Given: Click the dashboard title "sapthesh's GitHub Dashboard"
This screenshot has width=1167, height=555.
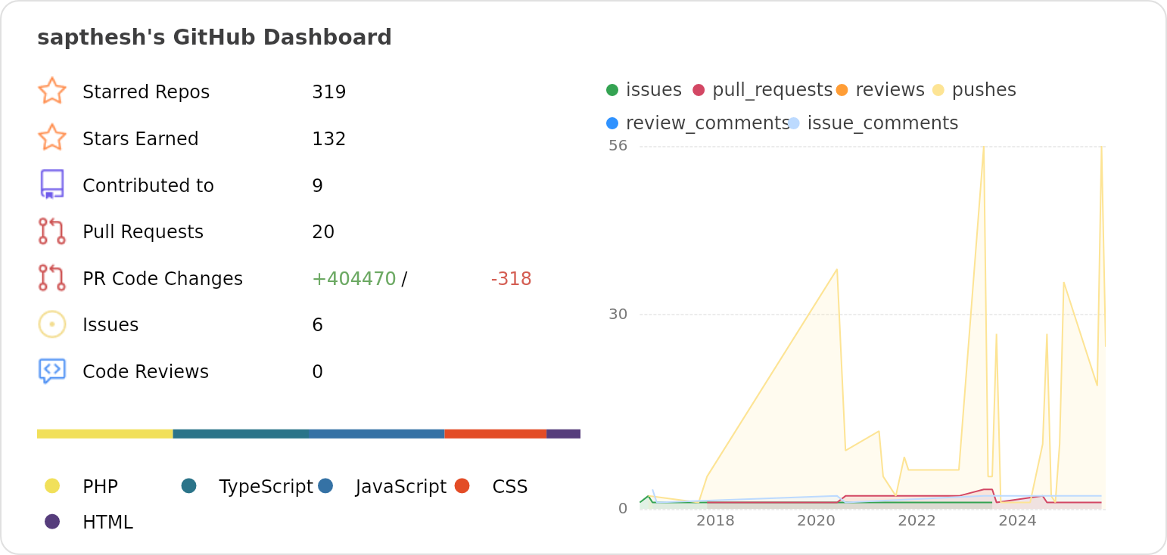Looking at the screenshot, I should click(x=214, y=38).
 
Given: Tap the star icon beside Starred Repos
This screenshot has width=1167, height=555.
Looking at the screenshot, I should click(x=52, y=91).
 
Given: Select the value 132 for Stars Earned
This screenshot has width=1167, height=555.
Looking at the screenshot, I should click(x=328, y=139).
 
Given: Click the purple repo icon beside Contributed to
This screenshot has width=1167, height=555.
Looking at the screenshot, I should click(x=52, y=184).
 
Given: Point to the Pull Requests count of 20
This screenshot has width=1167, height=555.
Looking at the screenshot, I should click(x=323, y=232).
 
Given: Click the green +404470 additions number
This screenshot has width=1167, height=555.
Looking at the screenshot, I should click(x=353, y=279).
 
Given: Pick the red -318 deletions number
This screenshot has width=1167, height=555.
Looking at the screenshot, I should click(x=511, y=279).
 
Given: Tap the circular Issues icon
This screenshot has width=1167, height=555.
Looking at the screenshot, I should click(x=52, y=324).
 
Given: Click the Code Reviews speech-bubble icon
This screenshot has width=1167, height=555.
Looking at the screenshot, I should click(x=52, y=371).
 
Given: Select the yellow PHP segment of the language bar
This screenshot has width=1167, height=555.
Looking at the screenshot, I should click(x=104, y=434).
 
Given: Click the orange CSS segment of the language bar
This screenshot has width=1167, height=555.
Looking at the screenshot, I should click(x=495, y=434).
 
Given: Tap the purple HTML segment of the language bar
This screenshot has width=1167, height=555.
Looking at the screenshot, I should click(x=563, y=434).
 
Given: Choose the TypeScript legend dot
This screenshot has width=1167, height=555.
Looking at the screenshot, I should click(x=189, y=485).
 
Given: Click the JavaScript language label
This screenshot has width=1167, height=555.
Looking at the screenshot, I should click(x=401, y=487).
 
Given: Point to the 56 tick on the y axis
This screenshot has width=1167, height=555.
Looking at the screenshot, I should click(x=618, y=145).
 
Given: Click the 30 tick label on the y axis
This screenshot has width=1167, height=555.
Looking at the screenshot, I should click(x=618, y=315).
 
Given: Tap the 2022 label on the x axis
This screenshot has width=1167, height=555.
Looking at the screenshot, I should click(x=916, y=521).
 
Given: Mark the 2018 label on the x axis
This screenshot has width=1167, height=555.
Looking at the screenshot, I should click(x=715, y=521).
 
